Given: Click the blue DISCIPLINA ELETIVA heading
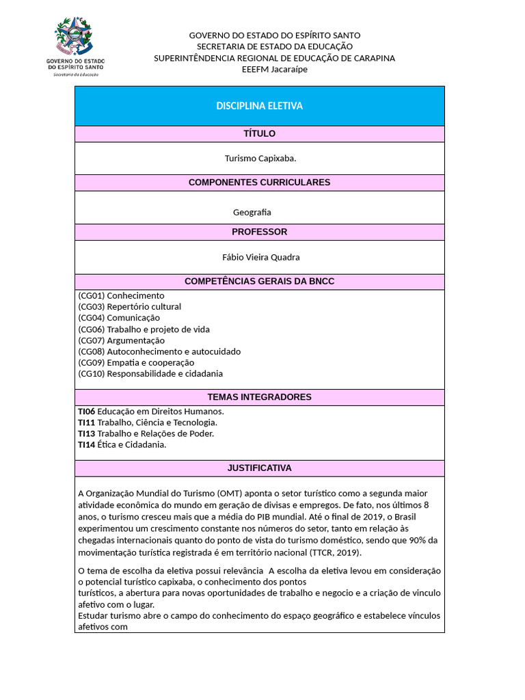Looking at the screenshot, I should pyautogui.click(x=259, y=106).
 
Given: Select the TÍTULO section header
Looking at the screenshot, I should pyautogui.click(x=259, y=133).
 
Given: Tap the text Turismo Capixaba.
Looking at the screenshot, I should pyautogui.click(x=260, y=158).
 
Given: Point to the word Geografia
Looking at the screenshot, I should pyautogui.click(x=252, y=212).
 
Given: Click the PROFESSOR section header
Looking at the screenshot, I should pyautogui.click(x=259, y=232).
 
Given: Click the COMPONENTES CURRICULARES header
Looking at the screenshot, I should pyautogui.click(x=259, y=183).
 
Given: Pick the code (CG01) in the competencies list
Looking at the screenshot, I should pyautogui.click(x=91, y=295).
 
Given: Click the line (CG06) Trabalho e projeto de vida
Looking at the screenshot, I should pyautogui.click(x=144, y=329).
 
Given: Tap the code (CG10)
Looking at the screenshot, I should pyautogui.click(x=91, y=373).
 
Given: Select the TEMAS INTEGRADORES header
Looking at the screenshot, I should pyautogui.click(x=259, y=397).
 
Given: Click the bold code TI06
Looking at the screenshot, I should pyautogui.click(x=86, y=411).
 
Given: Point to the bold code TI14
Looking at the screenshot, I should pyautogui.click(x=86, y=444).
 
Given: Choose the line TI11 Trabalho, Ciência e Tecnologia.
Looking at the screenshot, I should pyautogui.click(x=148, y=422).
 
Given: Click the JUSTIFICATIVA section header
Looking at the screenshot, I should pyautogui.click(x=259, y=468).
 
